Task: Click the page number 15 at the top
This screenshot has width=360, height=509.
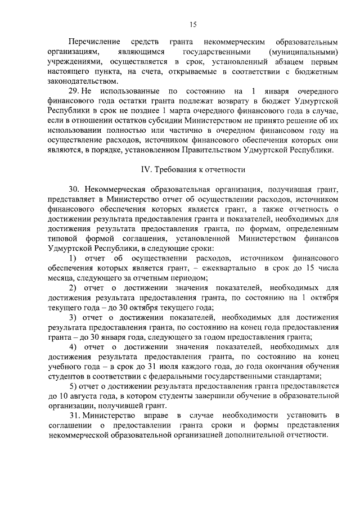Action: pos(192,24)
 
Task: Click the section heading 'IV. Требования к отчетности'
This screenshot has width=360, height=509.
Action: pos(192,169)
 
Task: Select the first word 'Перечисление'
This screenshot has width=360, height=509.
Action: pos(90,42)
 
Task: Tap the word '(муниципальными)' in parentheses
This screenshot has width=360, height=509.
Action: pos(304,51)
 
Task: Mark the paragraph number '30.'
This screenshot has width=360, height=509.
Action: pos(75,189)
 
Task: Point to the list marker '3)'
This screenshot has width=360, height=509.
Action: pos(73,318)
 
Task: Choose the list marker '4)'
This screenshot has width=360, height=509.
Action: pos(73,347)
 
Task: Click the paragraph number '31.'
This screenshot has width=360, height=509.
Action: pos(75,416)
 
